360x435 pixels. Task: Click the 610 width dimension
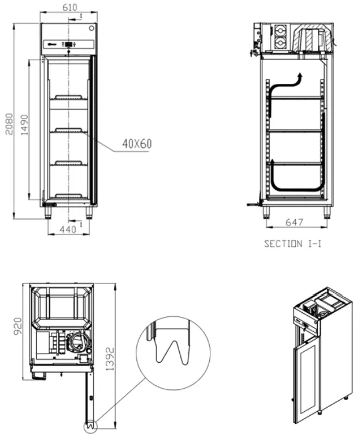(x=69, y=8)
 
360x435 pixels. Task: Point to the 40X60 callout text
(x=136, y=143)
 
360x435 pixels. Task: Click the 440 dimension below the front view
(x=68, y=230)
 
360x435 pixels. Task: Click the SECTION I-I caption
(x=293, y=244)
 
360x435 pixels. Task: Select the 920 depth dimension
(x=18, y=327)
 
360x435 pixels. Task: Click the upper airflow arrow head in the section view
(x=299, y=76)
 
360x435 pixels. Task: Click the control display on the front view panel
(x=69, y=44)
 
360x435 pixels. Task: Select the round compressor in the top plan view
(x=77, y=342)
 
